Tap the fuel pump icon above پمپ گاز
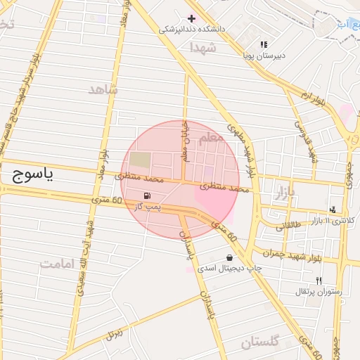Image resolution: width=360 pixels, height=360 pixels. pyautogui.click(x=146, y=195)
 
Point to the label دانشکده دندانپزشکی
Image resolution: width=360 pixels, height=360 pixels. pyautogui.click(x=189, y=30)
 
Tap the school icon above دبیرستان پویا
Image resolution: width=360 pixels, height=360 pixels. pyautogui.click(x=264, y=44)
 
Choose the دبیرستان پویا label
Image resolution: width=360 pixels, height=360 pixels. pyautogui.click(x=262, y=54)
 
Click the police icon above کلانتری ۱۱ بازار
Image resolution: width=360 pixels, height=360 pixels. pyautogui.click(x=332, y=209)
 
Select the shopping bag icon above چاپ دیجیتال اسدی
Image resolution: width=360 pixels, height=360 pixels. pyautogui.click(x=230, y=257)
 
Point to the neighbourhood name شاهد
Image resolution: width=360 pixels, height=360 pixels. pyautogui.click(x=104, y=89)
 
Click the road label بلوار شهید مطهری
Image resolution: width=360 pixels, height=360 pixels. pyautogui.click(x=241, y=148)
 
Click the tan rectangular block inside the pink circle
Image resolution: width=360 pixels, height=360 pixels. pyautogui.click(x=140, y=160)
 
